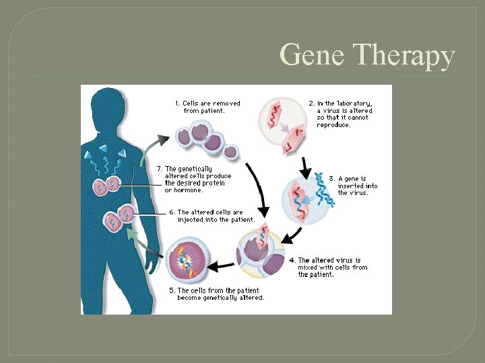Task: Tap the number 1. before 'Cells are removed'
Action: [x=177, y=104]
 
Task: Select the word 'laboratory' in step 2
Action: [x=352, y=104]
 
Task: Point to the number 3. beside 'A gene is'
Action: [x=331, y=179]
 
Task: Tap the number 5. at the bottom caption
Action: [x=172, y=291]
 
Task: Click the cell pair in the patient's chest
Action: [x=106, y=185]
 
